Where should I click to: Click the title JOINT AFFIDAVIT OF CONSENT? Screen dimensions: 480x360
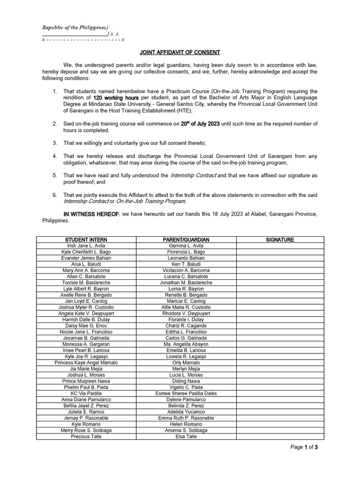(x=180, y=52)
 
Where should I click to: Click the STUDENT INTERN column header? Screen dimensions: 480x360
(x=86, y=240)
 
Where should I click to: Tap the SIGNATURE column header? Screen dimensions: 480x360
(x=280, y=240)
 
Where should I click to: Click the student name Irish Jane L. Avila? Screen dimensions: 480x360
(x=86, y=246)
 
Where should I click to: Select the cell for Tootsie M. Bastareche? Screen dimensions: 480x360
(x=86, y=283)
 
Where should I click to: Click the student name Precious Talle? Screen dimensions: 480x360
(x=86, y=436)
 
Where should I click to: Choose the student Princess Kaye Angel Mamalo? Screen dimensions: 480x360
(x=86, y=363)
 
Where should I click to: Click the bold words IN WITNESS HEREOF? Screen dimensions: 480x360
(x=91, y=214)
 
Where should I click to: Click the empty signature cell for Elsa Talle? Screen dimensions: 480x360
(x=280, y=436)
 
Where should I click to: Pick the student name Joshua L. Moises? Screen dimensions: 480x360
(x=86, y=375)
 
